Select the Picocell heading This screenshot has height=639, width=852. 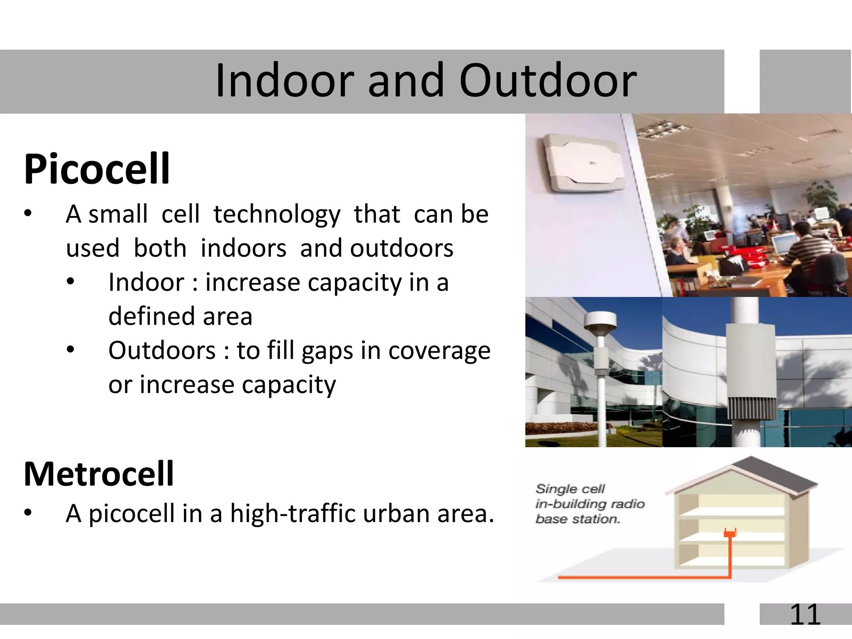[97, 169]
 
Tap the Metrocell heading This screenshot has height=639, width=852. [99, 474]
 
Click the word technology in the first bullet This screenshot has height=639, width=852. [277, 215]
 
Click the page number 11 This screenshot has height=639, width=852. [805, 614]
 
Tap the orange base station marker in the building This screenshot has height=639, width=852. [730, 533]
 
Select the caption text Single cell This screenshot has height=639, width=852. [570, 489]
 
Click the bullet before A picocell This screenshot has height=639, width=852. [27, 513]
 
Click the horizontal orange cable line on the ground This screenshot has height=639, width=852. [641, 577]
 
